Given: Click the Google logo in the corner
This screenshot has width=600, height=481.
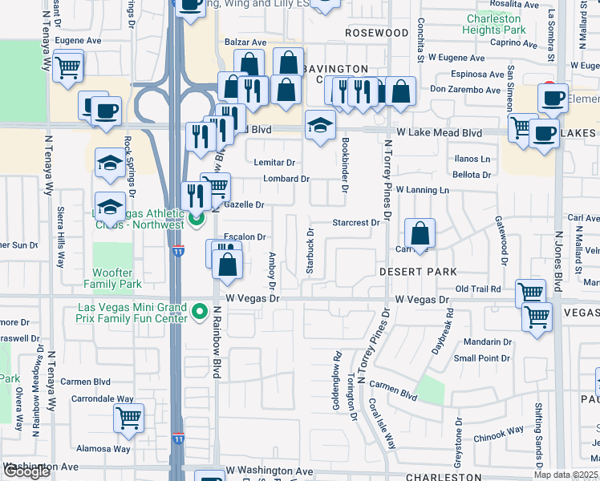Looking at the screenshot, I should coord(26,471).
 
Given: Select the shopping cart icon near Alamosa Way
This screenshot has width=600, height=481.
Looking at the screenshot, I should coord(128,418).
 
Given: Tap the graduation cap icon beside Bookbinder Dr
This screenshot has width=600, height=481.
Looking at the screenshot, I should coord(319,126).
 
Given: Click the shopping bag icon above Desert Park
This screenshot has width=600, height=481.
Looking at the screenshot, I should coord(420,235).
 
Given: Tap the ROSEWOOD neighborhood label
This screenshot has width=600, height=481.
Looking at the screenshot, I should coord(377,33).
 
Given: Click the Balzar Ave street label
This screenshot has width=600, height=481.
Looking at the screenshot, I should coord(245,42).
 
